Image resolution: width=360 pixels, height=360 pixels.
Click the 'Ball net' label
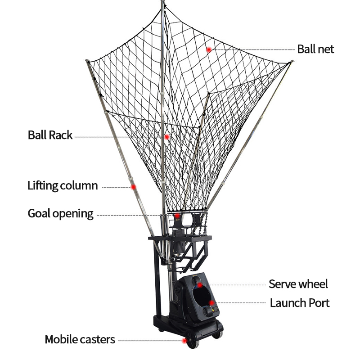(315, 49)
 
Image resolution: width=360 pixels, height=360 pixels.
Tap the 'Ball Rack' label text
(50, 135)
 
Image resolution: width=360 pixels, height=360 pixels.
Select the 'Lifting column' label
(63, 185)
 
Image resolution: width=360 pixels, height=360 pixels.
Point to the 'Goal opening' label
(61, 213)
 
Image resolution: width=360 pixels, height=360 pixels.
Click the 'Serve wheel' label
(298, 284)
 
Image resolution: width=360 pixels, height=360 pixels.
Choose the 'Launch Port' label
(300, 303)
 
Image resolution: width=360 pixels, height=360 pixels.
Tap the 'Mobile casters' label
(80, 339)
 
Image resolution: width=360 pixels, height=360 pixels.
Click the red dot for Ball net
(209, 49)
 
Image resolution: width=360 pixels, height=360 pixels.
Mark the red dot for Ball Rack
(166, 136)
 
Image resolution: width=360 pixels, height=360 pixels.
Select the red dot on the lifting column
(133, 186)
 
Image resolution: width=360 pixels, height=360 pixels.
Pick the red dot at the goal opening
(178, 216)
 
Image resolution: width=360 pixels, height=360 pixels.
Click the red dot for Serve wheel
(200, 285)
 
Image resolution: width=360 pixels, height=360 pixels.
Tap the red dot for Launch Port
(213, 303)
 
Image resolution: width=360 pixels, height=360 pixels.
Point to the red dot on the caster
(184, 341)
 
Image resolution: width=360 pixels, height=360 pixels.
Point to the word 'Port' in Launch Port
(319, 303)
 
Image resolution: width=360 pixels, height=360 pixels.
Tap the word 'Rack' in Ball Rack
(61, 135)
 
